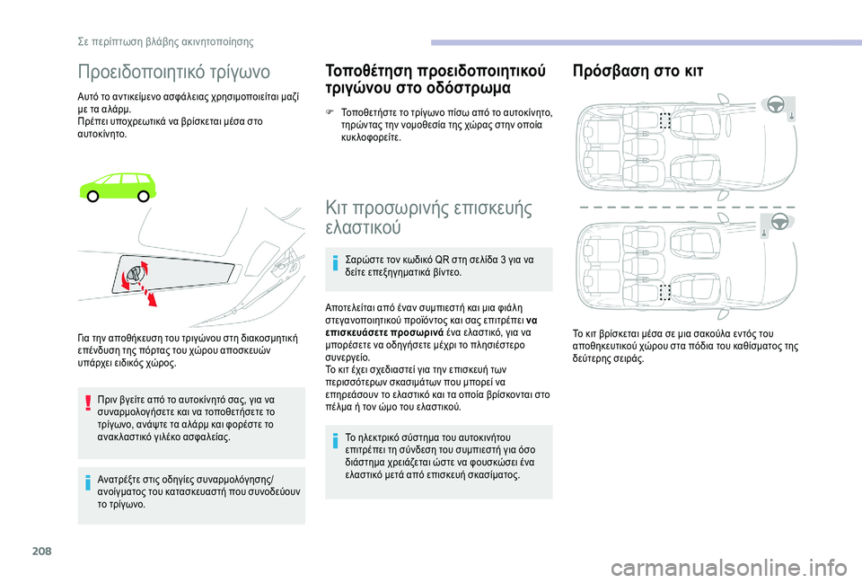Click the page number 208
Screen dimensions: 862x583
point(42,551)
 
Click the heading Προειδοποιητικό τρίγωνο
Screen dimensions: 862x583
point(173,72)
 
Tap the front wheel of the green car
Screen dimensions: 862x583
point(143,196)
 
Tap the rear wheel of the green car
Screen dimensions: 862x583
point(93,196)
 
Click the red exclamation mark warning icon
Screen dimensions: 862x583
point(87,402)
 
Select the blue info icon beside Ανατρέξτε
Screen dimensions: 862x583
point(87,483)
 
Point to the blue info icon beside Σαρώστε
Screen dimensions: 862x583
point(335,263)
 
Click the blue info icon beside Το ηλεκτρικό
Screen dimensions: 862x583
point(335,440)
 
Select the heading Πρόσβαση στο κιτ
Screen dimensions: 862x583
point(638,71)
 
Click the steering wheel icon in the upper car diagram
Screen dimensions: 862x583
point(776,104)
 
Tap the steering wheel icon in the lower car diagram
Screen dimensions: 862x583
point(780,221)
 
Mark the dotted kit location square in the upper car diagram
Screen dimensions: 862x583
point(665,120)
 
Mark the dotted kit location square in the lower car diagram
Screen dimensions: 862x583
point(665,292)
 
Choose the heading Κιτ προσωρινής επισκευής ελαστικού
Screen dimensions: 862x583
point(429,217)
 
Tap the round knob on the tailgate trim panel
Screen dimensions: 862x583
point(135,273)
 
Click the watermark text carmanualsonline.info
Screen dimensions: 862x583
point(729,568)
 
